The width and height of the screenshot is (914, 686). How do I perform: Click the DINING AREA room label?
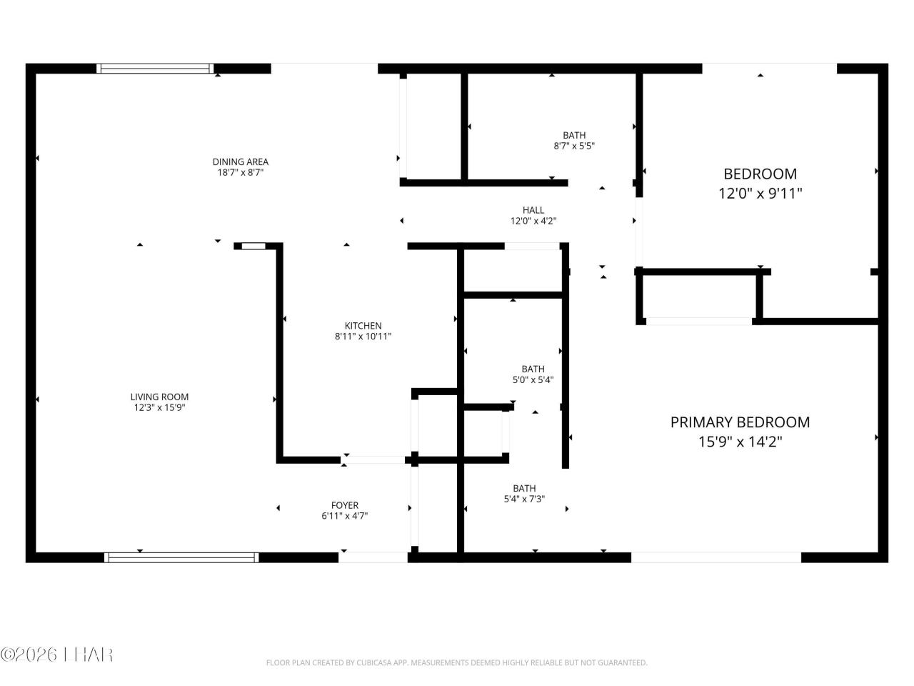pyautogui.click(x=240, y=161)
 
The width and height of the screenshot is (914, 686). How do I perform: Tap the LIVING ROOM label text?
pyautogui.click(x=159, y=397)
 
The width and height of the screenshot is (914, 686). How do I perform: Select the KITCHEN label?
pyautogui.click(x=363, y=326)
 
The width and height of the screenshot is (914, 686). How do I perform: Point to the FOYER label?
pyautogui.click(x=345, y=505)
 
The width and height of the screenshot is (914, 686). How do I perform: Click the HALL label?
pyautogui.click(x=533, y=210)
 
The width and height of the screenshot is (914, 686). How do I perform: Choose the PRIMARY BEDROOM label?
pyautogui.click(x=740, y=422)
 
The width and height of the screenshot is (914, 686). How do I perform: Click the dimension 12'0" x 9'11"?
pyautogui.click(x=760, y=193)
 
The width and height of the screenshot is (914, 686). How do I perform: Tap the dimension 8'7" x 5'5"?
pyautogui.click(x=574, y=146)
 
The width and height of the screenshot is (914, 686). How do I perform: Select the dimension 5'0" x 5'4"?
pyautogui.click(x=533, y=380)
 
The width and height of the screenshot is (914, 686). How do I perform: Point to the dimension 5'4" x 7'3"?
pyautogui.click(x=524, y=499)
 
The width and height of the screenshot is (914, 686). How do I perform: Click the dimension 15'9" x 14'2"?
pyautogui.click(x=740, y=442)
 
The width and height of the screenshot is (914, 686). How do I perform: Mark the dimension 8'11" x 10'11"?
pyautogui.click(x=363, y=337)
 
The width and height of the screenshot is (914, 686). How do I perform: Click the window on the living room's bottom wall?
pyautogui.click(x=181, y=557)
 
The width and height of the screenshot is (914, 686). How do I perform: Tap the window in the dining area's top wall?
pyautogui.click(x=155, y=69)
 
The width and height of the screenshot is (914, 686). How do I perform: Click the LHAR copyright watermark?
pyautogui.click(x=57, y=655)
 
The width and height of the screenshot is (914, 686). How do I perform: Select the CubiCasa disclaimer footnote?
pyautogui.click(x=456, y=663)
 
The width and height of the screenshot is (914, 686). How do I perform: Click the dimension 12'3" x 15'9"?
pyautogui.click(x=159, y=407)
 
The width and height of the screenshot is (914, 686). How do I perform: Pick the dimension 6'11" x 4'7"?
pyautogui.click(x=345, y=516)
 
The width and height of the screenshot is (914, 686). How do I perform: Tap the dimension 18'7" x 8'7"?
pyautogui.click(x=240, y=172)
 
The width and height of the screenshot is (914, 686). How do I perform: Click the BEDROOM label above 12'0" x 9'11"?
pyautogui.click(x=760, y=174)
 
